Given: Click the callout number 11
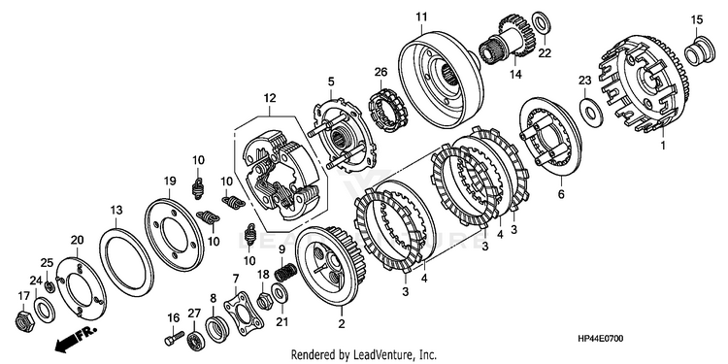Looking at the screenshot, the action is pos(421,17).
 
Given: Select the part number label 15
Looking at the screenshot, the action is pos(697,20).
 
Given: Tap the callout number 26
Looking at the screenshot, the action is pos(381,73).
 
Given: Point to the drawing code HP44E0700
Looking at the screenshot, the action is pos(600,340).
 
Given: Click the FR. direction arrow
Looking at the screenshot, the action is pos(76,338).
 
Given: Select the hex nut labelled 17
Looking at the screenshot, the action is pos(23,320).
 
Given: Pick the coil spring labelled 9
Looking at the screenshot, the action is pos(285,272).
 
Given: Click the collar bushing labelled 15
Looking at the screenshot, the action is pos(698,51).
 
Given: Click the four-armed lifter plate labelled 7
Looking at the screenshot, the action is pos(244,313).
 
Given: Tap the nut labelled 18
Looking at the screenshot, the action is pos(264,302).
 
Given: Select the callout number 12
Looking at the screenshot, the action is pos(270,98).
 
